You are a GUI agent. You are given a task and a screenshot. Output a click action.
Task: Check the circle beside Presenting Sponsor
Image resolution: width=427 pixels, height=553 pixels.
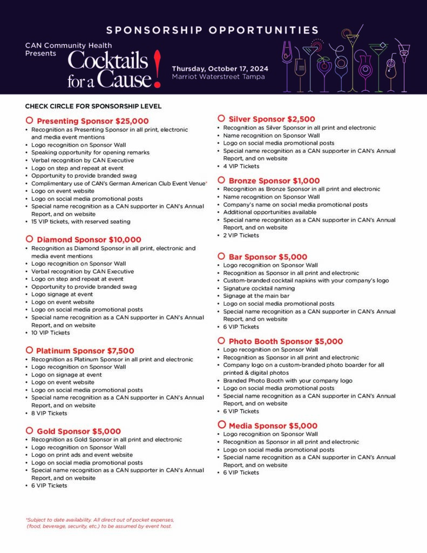click(x=29, y=120)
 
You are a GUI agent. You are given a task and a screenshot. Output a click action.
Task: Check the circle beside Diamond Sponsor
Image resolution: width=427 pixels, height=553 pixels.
click(x=29, y=239)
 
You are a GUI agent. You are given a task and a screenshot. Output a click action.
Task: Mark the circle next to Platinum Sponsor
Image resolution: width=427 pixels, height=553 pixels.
click(x=29, y=350)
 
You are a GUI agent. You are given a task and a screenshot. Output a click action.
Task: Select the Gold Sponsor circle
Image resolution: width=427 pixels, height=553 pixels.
click(x=29, y=430)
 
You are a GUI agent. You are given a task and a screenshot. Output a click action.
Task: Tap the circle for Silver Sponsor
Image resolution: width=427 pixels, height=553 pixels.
click(x=221, y=118)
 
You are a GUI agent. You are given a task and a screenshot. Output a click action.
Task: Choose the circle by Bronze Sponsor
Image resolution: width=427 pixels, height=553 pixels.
click(x=221, y=180)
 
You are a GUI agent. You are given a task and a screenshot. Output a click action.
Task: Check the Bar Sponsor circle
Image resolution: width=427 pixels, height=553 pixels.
click(x=221, y=256)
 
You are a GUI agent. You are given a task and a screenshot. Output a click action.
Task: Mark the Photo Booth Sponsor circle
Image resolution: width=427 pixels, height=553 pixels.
click(x=221, y=340)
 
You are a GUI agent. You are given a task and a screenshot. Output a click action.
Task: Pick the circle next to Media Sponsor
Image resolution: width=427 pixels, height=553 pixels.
click(x=221, y=424)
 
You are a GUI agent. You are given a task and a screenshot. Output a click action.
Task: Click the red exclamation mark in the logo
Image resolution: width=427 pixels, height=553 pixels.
click(x=157, y=68)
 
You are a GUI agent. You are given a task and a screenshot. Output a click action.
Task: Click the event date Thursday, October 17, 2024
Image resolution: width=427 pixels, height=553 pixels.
click(x=220, y=69)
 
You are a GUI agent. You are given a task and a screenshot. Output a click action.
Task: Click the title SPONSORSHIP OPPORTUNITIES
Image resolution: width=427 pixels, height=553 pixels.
click(x=213, y=30)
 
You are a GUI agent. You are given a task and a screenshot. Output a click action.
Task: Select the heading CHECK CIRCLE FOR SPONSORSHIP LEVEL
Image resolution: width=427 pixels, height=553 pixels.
click(x=93, y=106)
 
